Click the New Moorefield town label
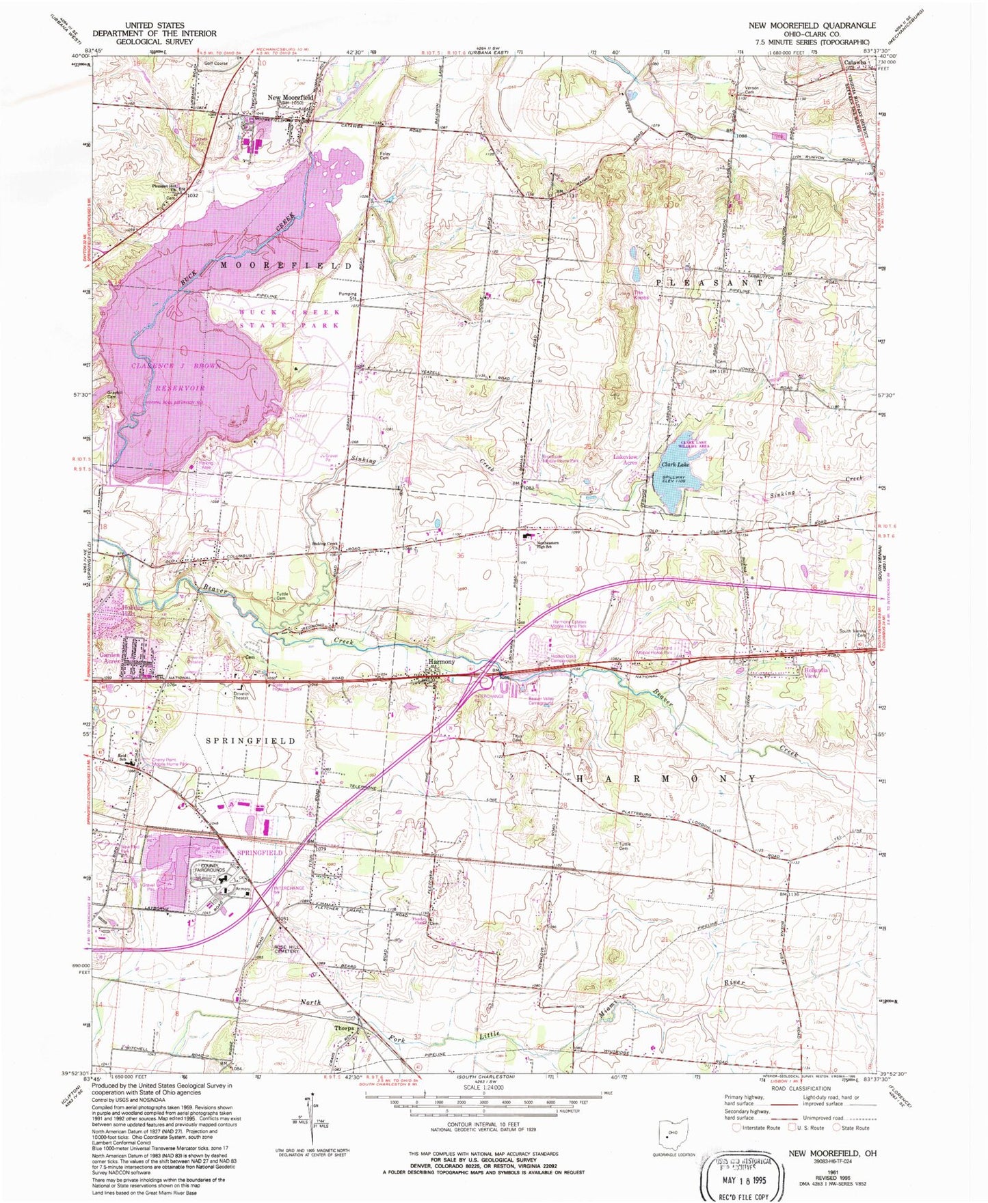click(291, 98)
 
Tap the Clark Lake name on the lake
click(673, 464)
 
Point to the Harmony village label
click(441, 662)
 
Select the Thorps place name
click(344, 1028)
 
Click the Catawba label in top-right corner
click(855, 62)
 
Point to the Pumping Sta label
click(349, 296)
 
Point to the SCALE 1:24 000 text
click(483, 1087)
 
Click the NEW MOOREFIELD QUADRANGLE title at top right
click(811, 25)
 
